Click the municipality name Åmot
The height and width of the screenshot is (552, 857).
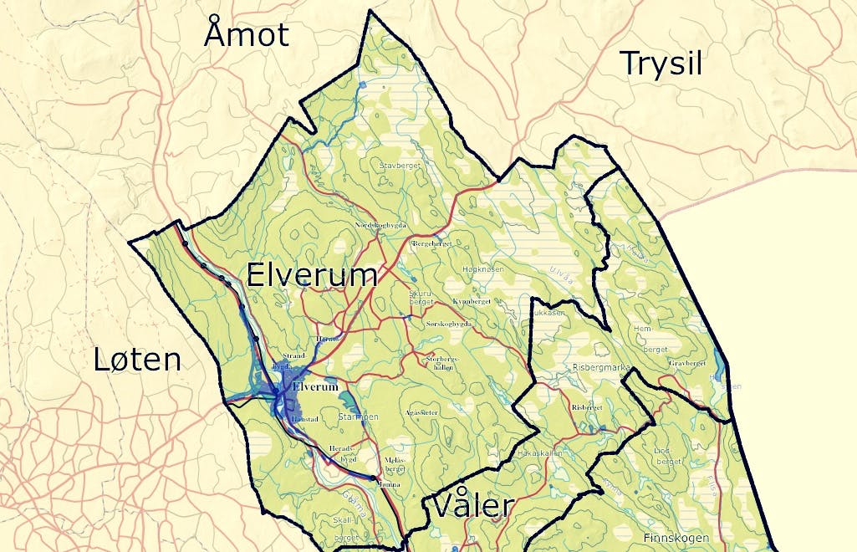point(247,35)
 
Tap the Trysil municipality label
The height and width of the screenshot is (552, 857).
point(661,64)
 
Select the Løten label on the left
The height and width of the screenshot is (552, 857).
point(137,360)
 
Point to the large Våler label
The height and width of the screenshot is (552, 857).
point(472,506)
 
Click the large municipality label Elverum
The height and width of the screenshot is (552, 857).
point(311,275)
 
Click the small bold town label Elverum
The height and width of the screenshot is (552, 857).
point(316,387)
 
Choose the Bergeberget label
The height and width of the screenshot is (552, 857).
point(432,243)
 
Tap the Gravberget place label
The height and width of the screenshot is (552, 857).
point(688,364)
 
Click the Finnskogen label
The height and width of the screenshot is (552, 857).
point(676,538)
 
